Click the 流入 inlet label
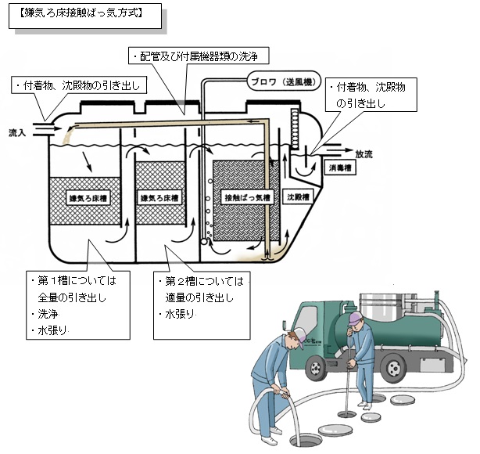pyautogui.click(x=16, y=133)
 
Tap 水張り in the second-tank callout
pyautogui.click(x=181, y=315)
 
